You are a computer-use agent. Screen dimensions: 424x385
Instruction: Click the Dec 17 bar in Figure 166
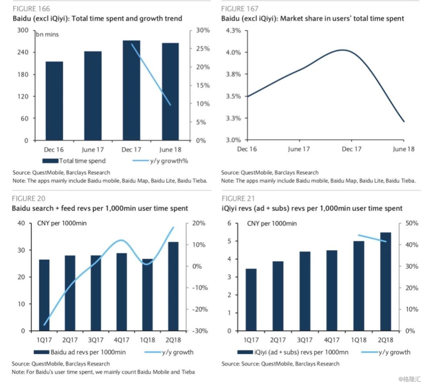click(131, 90)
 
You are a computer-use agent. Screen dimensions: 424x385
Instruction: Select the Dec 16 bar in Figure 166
click(54, 101)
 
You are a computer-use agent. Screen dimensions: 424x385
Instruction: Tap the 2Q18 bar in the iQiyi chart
click(385, 281)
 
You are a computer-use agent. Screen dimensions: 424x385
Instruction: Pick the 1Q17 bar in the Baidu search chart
click(45, 295)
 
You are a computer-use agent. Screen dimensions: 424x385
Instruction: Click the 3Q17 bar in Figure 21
click(305, 291)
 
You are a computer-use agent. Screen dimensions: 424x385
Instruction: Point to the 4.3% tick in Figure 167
click(233, 30)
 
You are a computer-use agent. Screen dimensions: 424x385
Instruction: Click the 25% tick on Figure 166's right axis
click(203, 49)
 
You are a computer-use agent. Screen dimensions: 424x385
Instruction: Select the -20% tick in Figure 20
click(200, 309)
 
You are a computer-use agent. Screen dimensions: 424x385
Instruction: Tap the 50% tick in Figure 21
click(412, 223)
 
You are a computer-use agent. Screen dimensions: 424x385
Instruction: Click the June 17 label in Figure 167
click(299, 149)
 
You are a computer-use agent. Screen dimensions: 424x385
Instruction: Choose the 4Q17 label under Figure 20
click(121, 340)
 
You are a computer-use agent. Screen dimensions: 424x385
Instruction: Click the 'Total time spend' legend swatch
click(50, 161)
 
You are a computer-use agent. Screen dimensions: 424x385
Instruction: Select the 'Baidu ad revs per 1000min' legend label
click(88, 352)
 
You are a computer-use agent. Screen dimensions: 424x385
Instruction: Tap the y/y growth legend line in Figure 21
click(370, 352)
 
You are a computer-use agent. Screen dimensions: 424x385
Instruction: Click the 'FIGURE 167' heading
click(240, 9)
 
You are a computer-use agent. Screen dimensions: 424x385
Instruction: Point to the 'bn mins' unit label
click(47, 34)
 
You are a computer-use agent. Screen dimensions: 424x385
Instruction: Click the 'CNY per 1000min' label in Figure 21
click(272, 224)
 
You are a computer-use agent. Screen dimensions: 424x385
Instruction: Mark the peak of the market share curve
click(343, 50)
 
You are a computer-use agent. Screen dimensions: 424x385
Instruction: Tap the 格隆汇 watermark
click(410, 379)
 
